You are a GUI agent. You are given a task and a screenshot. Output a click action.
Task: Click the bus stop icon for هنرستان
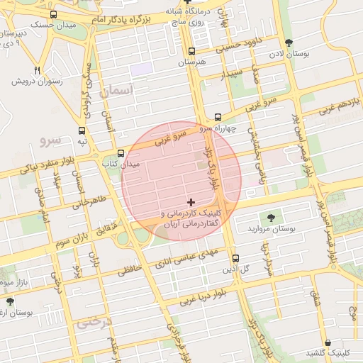[191, 51]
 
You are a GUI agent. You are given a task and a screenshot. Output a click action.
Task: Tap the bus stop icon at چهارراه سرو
[218, 117]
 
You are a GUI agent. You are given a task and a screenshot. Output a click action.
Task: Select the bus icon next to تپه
[83, 130]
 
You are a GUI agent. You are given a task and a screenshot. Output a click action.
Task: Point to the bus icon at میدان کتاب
[121, 153]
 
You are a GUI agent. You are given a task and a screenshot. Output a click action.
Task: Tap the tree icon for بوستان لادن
[287, 43]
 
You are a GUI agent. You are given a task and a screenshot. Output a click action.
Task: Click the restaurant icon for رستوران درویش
[37, 70]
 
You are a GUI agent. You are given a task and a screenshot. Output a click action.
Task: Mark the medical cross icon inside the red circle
[191, 203]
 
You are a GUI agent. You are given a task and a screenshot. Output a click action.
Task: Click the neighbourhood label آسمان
[117, 91]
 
